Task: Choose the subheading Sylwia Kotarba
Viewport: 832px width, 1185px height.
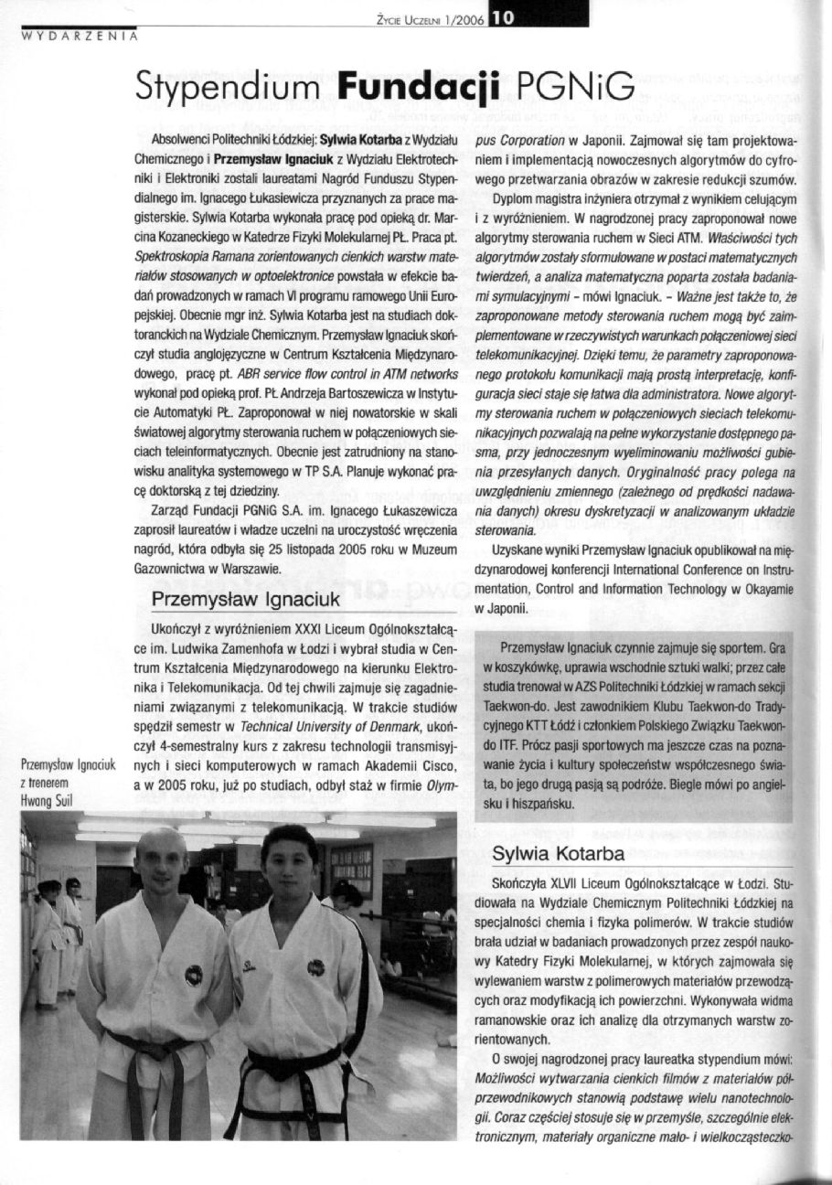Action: tap(560, 854)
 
